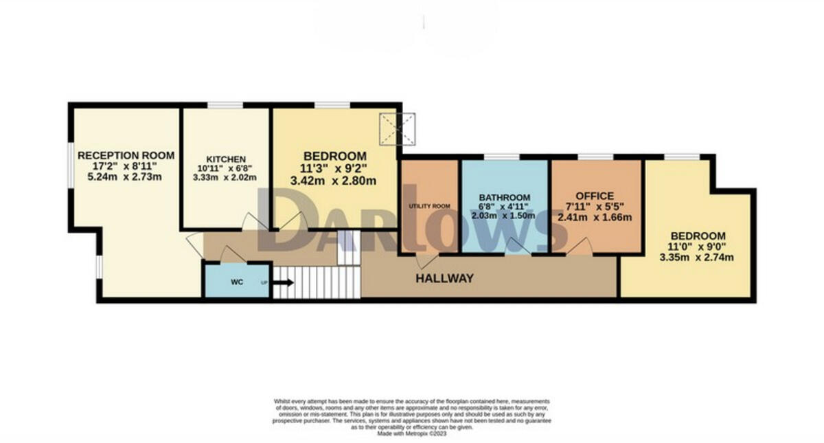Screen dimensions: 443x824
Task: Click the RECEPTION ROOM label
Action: click(126, 155)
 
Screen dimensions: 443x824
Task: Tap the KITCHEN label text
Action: click(226, 159)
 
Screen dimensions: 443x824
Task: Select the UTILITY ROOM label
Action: click(429, 206)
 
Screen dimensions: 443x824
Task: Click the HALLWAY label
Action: click(444, 278)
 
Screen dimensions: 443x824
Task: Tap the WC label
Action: click(236, 282)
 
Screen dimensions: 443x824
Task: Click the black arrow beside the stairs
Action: click(283, 282)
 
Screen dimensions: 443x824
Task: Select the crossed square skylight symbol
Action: click(398, 128)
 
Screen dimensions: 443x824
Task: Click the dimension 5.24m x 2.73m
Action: click(126, 177)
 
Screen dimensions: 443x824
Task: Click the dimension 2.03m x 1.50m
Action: click(505, 215)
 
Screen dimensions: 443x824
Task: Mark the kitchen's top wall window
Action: click(225, 104)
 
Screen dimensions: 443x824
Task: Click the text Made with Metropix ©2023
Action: click(412, 433)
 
